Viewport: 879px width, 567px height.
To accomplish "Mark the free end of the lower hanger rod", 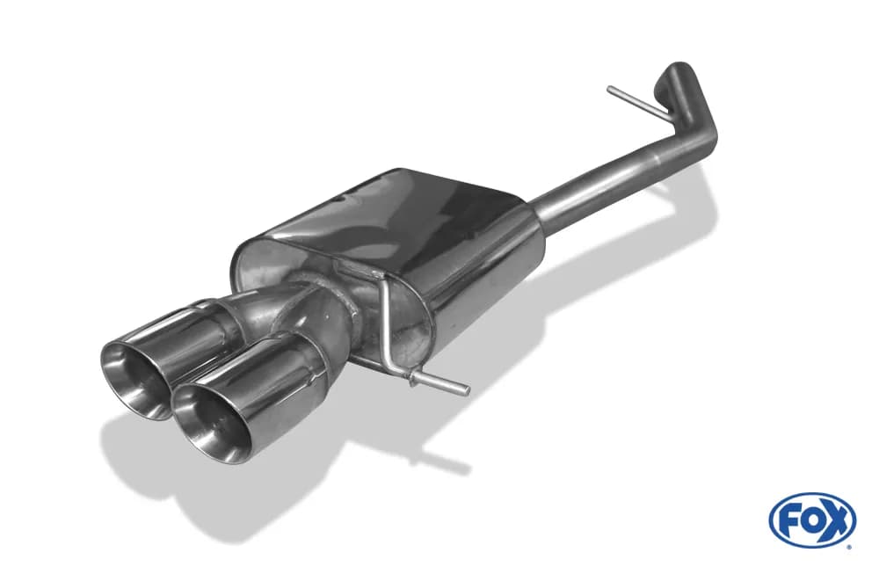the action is tap(466, 389).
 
